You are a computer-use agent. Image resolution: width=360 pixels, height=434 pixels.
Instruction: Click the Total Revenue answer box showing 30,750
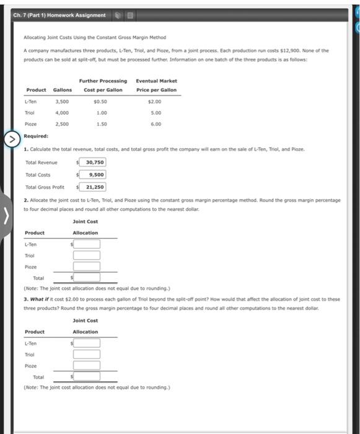pyautogui.click(x=90, y=162)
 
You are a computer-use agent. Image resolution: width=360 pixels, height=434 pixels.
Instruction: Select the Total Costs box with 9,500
pyautogui.click(x=90, y=175)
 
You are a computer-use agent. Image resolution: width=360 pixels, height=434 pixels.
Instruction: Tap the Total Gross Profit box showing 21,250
pyautogui.click(x=90, y=187)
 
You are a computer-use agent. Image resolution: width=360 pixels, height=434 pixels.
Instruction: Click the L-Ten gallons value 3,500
pyautogui.click(x=62, y=101)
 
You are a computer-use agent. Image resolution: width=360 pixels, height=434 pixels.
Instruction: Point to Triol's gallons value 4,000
pyautogui.click(x=62, y=113)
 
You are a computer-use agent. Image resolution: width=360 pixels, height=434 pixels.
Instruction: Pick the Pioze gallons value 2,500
pyautogui.click(x=62, y=124)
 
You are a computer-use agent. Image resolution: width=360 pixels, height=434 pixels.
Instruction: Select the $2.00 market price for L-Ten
pyautogui.click(x=156, y=101)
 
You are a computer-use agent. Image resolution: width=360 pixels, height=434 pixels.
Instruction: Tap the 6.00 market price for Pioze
pyautogui.click(x=156, y=124)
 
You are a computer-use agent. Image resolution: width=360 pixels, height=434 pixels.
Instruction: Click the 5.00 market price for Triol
pyautogui.click(x=156, y=113)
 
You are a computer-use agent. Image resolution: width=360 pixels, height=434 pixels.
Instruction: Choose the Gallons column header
pyautogui.click(x=62, y=90)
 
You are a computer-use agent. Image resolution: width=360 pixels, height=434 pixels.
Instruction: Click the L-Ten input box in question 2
pyautogui.click(x=87, y=245)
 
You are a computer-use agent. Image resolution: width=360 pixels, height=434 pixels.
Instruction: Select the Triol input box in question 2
pyautogui.click(x=87, y=255)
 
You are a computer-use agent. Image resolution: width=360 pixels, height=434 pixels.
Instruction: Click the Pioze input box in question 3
pyautogui.click(x=87, y=365)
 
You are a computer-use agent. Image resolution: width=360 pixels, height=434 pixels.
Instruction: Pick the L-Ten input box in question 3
pyautogui.click(x=87, y=343)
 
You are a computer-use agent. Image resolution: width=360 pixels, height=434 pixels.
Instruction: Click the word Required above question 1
pyautogui.click(x=35, y=136)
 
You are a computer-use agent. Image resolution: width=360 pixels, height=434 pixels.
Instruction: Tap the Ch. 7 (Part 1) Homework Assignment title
pyautogui.click(x=59, y=15)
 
